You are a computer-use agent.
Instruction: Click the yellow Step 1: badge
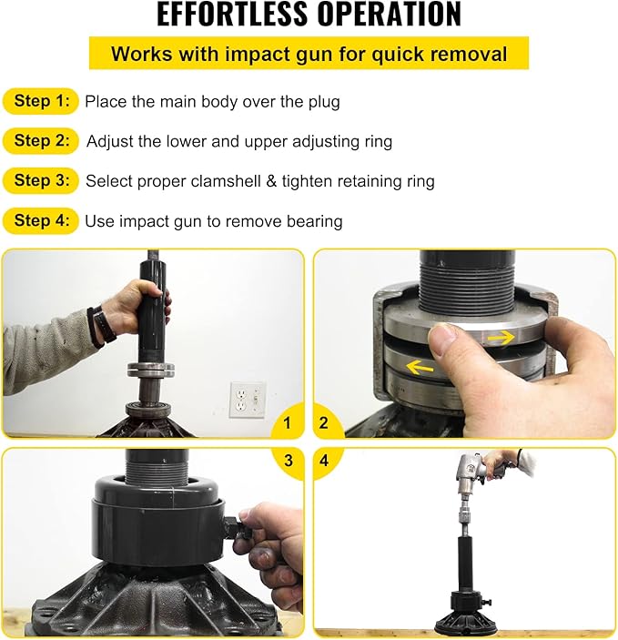tap(42, 101)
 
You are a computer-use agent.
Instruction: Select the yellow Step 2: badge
tap(42, 141)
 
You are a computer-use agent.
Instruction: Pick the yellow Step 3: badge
tap(42, 180)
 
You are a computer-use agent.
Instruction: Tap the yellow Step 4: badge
tap(42, 220)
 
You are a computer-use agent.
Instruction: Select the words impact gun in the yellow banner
tap(256, 54)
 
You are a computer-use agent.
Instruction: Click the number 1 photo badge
tap(288, 422)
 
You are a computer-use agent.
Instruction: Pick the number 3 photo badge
tap(288, 462)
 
